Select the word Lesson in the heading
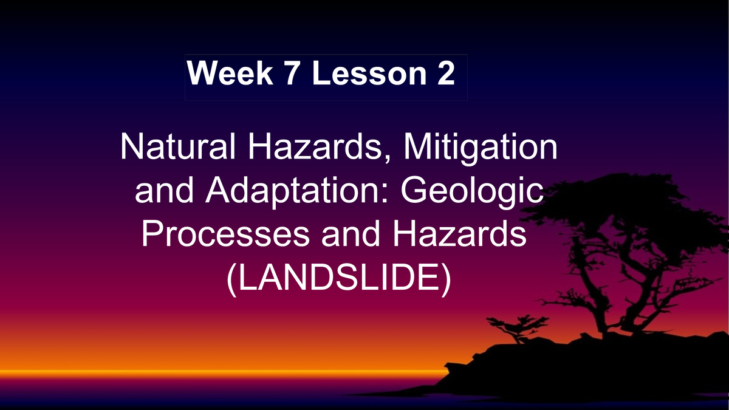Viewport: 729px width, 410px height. point(370,74)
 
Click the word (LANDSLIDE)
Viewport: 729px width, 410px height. point(339,278)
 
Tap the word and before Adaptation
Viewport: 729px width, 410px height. point(165,193)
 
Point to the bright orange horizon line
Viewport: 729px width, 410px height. point(213,372)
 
